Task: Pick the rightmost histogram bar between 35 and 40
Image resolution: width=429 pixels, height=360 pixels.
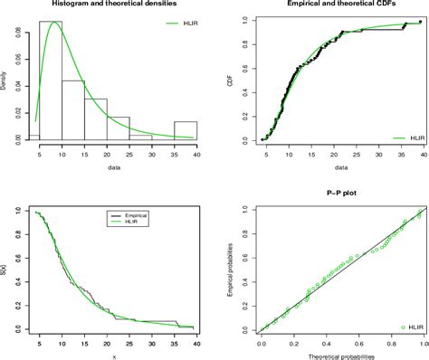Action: (185, 130)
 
